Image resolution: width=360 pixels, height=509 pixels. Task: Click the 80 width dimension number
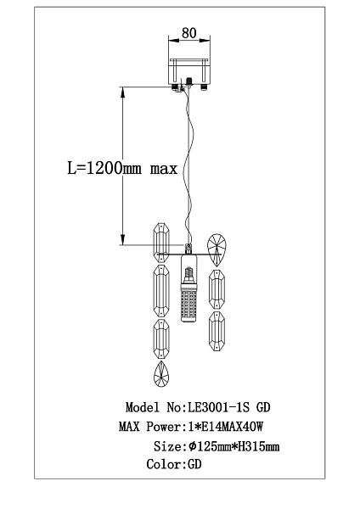(x=189, y=33)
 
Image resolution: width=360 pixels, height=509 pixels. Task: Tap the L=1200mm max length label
(x=122, y=169)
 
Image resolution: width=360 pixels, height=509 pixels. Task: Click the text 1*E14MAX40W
(x=226, y=427)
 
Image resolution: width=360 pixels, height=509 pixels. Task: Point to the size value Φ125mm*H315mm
(x=234, y=446)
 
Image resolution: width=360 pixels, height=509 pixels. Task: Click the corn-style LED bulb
(x=188, y=288)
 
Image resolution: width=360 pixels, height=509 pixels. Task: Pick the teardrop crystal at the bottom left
(x=161, y=374)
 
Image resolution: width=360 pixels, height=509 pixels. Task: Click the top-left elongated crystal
(x=161, y=243)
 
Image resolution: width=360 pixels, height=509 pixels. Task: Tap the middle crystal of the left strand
(x=161, y=290)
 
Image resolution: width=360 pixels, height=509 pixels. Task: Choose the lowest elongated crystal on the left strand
(x=161, y=338)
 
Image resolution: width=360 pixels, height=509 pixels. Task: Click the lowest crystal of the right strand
(x=217, y=332)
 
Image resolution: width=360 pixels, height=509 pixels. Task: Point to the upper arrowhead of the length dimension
(x=122, y=92)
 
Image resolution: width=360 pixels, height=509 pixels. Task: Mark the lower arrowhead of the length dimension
(x=122, y=239)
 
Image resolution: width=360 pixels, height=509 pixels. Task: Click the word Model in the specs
(x=143, y=407)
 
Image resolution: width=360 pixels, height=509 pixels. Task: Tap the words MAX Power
(x=149, y=427)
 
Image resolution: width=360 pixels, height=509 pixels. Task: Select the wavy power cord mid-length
(x=189, y=165)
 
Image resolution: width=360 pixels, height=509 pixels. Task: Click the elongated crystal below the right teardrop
(x=217, y=289)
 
